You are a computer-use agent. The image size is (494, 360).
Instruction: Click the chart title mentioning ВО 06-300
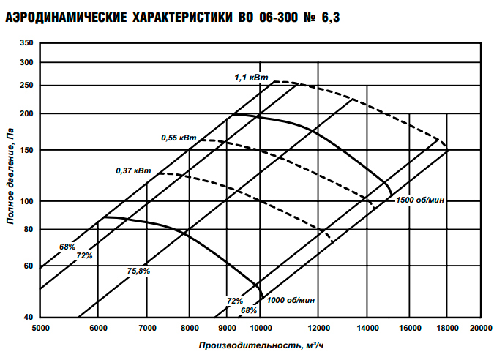coord(174,16)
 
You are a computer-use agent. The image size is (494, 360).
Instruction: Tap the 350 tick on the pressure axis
coord(27,44)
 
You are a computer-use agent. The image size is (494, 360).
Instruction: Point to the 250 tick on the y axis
coord(27,85)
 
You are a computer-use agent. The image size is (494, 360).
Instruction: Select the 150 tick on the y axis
coord(27,150)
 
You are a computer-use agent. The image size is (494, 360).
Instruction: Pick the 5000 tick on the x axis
coord(41,328)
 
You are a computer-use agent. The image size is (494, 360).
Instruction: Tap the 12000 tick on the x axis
coord(318,328)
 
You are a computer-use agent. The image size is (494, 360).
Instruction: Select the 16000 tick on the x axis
coord(408,328)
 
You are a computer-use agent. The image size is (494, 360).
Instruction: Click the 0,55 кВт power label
coord(179,138)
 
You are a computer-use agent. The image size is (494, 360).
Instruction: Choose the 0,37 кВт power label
coord(133,170)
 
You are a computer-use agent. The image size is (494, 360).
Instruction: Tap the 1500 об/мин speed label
coord(421,199)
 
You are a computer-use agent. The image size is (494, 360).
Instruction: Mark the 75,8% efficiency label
coord(138,271)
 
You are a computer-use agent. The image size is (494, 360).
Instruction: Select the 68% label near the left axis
coord(67,247)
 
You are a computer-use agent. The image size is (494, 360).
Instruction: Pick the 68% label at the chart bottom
coord(250,310)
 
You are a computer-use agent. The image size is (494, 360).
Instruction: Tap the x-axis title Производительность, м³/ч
coord(260,344)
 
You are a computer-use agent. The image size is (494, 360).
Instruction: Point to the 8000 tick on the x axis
coord(190,328)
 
